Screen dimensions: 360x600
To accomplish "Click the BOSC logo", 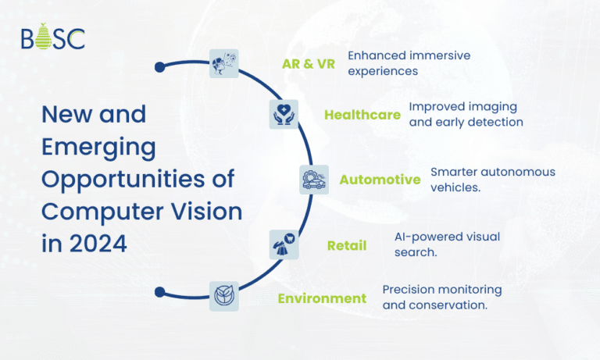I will [53, 37].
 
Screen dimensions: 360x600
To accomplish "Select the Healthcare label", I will [362, 116].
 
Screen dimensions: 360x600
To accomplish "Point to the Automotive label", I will [380, 180].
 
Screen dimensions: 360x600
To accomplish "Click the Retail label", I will [347, 247].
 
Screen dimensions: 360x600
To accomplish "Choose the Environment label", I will [322, 298].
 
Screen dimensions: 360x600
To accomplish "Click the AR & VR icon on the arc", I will [224, 63].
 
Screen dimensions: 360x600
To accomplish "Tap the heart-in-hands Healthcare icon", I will [284, 114].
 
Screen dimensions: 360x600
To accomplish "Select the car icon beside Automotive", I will [314, 180].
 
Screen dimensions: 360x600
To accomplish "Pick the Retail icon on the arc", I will [283, 244].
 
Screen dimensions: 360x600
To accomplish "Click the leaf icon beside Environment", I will [223, 294].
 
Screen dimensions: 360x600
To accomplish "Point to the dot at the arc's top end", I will [159, 66].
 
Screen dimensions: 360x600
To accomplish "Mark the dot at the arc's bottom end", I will [159, 292].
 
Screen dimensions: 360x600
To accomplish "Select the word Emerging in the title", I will [98, 147].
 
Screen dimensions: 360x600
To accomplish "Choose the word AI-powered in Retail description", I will [427, 237].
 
